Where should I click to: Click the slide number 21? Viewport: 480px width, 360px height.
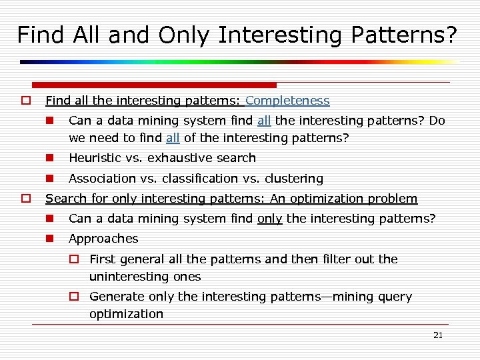[437, 335]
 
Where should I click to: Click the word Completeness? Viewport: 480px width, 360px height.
[287, 101]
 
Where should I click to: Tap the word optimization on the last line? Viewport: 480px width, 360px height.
[126, 314]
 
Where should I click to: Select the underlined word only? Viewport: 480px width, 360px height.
[269, 219]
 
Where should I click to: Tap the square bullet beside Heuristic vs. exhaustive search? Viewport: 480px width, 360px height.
[49, 158]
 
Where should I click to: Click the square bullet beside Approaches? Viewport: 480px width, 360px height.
[49, 239]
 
